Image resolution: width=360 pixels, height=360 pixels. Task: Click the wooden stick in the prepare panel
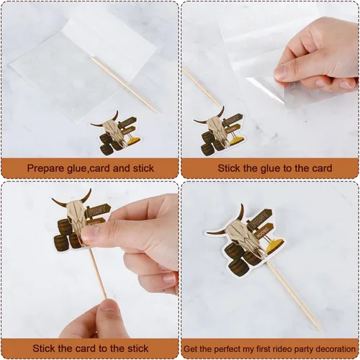coord(125,85)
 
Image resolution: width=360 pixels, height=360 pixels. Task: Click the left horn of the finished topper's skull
coord(217,233)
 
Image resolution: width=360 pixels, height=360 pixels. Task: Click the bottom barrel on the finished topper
coord(238,266)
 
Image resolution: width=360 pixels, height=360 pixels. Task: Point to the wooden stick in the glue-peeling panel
coord(201,86)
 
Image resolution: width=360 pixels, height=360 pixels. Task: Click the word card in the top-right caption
coord(322,168)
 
